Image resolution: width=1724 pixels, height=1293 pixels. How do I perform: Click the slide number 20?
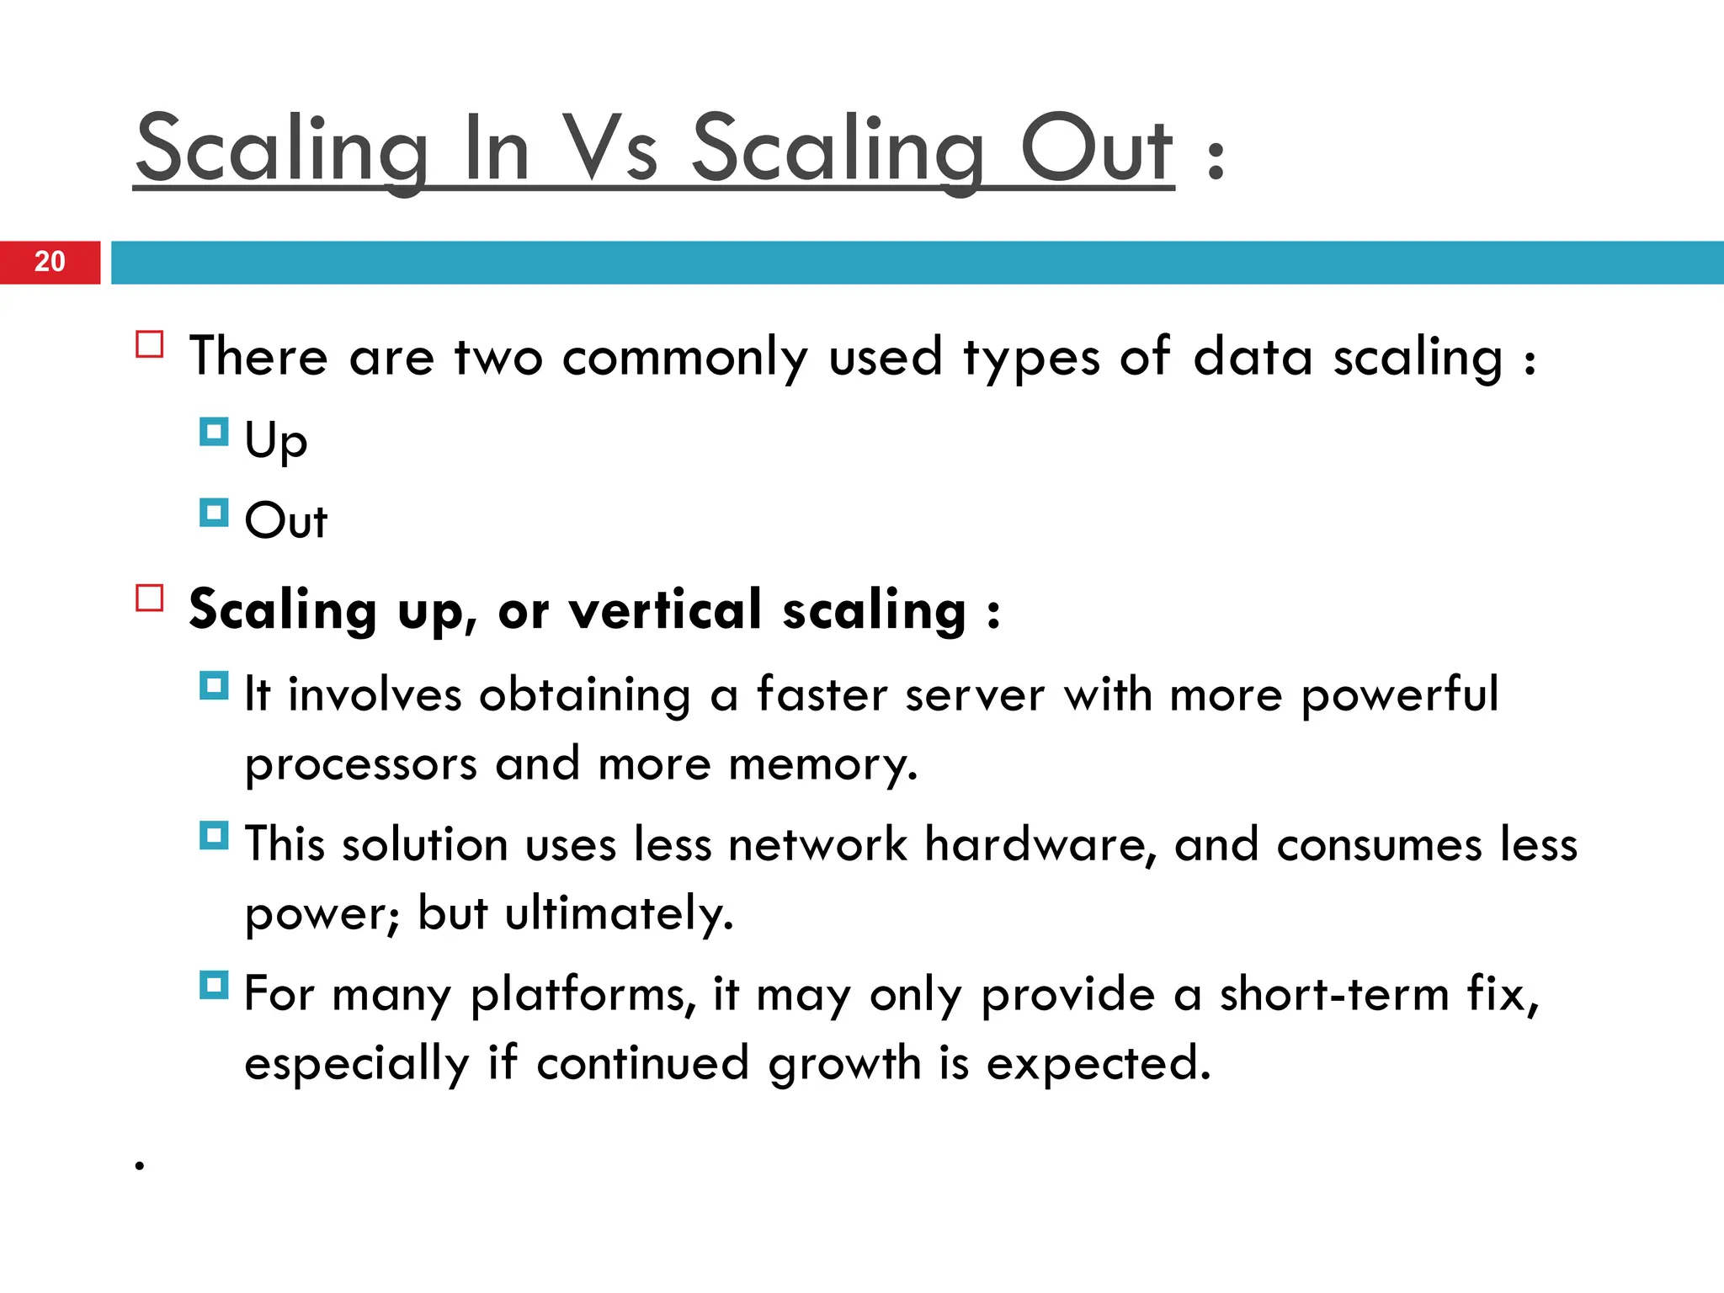(x=50, y=262)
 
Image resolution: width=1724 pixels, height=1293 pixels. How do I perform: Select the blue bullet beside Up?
(x=214, y=433)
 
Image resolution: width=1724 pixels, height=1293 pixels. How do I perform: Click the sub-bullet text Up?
(x=276, y=440)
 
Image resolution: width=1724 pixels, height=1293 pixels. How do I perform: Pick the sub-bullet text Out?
(x=285, y=520)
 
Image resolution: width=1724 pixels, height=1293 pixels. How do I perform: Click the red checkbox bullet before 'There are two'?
(x=150, y=345)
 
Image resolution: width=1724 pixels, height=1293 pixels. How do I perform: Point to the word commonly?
(x=684, y=357)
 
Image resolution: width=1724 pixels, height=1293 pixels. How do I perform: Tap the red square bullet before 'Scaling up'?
(x=150, y=598)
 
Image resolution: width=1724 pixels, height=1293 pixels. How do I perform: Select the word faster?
(x=822, y=694)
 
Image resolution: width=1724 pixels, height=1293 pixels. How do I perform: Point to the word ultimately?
(x=618, y=913)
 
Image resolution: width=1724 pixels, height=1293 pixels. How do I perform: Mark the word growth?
(x=844, y=1063)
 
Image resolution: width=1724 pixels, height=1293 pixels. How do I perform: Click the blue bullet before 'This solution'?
(x=214, y=836)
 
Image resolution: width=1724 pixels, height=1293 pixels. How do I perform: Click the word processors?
(x=361, y=764)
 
